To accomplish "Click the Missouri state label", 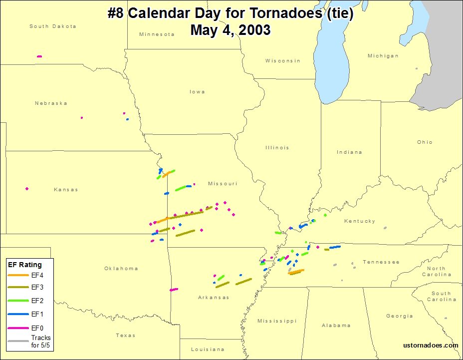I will pos(223,184).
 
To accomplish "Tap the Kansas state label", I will pos(66,190).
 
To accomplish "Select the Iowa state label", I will pos(197,92).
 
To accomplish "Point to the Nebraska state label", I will pos(51,103).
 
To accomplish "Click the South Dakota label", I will pos(53,26).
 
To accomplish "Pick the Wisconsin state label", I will pos(283,61).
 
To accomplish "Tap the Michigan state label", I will pos(383,56).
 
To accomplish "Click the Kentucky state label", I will pos(359,221).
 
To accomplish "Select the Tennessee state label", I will pos(381,262).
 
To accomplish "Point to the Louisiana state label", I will pos(208,350).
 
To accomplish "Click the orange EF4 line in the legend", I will pos(18,275).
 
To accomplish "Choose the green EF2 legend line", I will pos(18,301).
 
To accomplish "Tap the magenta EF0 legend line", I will pos(18,328).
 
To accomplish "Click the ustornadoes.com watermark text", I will pos(431,345).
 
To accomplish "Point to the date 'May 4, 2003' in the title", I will pos(231,30).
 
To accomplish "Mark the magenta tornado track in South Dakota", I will pos(39,56).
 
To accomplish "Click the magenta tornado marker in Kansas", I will pos(27,189).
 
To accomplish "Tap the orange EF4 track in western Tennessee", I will pos(296,272).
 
